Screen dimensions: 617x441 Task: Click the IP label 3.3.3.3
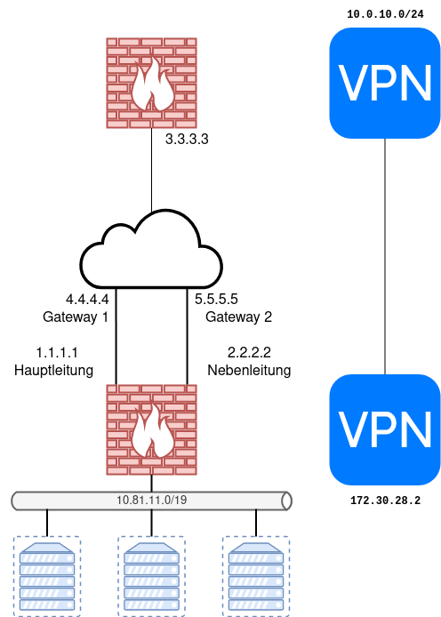click(187, 140)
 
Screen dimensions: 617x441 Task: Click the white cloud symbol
click(151, 251)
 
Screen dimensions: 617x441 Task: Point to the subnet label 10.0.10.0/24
click(384, 14)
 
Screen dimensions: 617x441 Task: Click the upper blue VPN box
click(384, 83)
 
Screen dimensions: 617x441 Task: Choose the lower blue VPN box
click(384, 429)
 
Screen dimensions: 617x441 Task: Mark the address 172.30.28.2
click(385, 501)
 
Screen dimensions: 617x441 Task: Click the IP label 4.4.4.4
click(87, 300)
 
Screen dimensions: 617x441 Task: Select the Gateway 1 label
click(76, 317)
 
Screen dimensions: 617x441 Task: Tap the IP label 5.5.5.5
click(216, 300)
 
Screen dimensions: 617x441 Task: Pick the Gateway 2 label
click(238, 317)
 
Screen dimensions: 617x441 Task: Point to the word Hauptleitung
click(54, 370)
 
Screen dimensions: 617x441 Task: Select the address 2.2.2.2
click(249, 352)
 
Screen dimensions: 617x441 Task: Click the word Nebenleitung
click(249, 370)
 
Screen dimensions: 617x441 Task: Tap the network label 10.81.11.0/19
click(151, 501)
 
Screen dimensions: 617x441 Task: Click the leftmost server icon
click(47, 575)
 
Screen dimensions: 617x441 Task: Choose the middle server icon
click(152, 575)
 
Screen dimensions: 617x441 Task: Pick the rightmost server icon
click(256, 575)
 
